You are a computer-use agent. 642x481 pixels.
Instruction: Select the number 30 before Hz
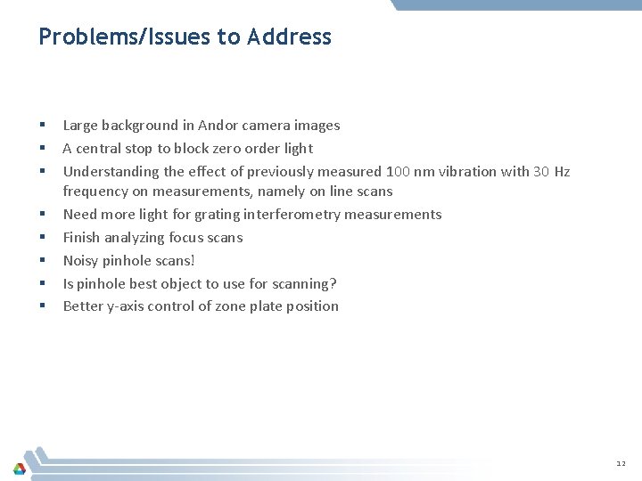(x=541, y=172)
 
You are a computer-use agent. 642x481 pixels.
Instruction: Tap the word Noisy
(x=82, y=261)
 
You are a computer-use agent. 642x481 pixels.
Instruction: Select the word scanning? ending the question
(x=305, y=284)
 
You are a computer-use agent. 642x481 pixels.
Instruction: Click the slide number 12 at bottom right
(x=621, y=464)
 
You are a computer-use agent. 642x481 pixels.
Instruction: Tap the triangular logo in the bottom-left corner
(x=20, y=468)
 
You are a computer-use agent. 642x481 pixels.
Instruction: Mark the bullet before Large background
(x=43, y=126)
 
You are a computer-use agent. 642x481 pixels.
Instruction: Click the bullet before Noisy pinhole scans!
(x=43, y=261)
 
